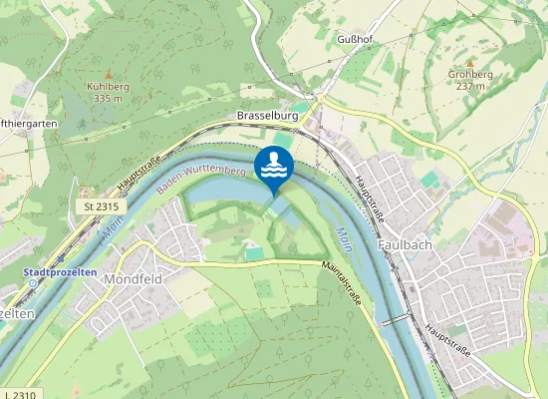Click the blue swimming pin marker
(x=272, y=167)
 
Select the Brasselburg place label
(x=268, y=116)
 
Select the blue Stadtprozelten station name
(x=61, y=270)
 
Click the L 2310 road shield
(x=22, y=393)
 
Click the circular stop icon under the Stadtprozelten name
(x=32, y=282)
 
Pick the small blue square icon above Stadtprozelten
(x=61, y=256)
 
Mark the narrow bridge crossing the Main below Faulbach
(x=396, y=318)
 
